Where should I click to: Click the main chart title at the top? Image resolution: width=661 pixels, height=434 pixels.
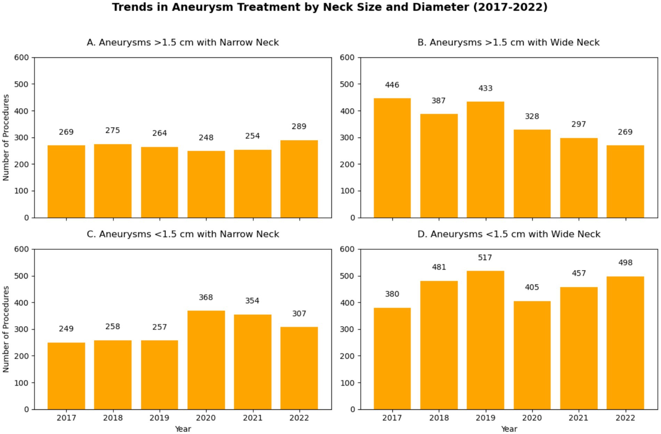pyautogui.click(x=330, y=7)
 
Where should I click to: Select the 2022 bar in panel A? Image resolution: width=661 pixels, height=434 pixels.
pyautogui.click(x=299, y=179)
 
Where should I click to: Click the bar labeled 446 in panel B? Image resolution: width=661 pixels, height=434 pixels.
pyautogui.click(x=392, y=158)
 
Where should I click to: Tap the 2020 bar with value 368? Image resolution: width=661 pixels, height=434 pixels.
pyautogui.click(x=206, y=360)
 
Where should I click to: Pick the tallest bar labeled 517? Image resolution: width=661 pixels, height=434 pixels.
pyautogui.click(x=485, y=340)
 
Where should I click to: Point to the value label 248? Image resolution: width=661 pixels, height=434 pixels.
pyautogui.click(x=206, y=138)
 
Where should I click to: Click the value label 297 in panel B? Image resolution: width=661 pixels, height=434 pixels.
pyautogui.click(x=579, y=124)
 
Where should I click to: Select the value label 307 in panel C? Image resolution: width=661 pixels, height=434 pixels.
pyautogui.click(x=299, y=314)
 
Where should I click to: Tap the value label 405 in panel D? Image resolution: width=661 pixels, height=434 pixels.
pyautogui.click(x=532, y=287)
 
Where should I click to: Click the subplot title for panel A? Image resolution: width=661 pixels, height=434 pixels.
pyautogui.click(x=183, y=42)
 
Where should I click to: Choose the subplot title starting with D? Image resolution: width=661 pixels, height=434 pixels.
pyautogui.click(x=509, y=234)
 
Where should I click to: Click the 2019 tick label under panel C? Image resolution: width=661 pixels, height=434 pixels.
pyautogui.click(x=160, y=418)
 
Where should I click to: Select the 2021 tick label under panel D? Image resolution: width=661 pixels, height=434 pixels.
pyautogui.click(x=579, y=418)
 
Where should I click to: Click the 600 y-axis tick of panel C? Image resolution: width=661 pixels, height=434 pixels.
pyautogui.click(x=22, y=249)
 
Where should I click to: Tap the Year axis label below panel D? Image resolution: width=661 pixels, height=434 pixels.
pyautogui.click(x=509, y=429)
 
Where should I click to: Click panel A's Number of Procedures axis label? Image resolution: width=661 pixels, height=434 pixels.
pyautogui.click(x=6, y=137)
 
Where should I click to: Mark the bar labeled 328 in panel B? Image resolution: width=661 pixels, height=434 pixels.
pyautogui.click(x=532, y=174)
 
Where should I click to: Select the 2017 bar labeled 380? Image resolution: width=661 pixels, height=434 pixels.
pyautogui.click(x=392, y=358)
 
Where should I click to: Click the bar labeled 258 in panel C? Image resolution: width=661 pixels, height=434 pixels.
pyautogui.click(x=113, y=375)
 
